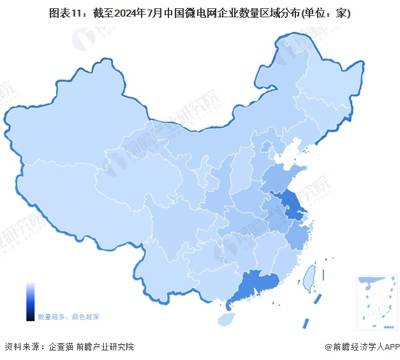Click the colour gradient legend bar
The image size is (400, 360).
30,302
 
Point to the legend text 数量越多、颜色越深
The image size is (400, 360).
68,317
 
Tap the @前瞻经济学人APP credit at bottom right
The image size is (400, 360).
362,347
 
